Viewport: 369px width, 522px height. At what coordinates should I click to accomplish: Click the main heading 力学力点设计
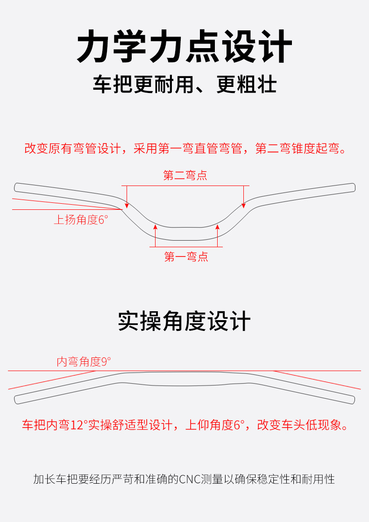(184, 46)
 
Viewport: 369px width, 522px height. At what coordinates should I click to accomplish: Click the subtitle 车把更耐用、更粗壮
(184, 84)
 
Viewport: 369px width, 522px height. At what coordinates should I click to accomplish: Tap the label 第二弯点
(185, 175)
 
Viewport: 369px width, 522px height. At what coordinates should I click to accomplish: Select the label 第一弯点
(186, 257)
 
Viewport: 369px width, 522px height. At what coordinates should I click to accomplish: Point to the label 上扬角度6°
(81, 220)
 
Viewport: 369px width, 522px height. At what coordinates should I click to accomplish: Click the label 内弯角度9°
(84, 362)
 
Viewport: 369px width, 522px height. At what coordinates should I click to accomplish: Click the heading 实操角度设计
(184, 321)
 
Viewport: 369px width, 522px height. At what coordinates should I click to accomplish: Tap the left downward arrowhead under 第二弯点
(127, 206)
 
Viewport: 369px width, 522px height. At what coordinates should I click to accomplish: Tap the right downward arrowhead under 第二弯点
(243, 206)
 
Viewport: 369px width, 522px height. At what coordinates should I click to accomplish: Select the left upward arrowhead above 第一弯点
(155, 227)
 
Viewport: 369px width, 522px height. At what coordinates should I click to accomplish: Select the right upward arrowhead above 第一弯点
(218, 227)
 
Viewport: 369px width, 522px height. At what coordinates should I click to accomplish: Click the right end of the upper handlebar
(355, 187)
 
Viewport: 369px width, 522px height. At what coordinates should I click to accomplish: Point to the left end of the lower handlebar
(15, 400)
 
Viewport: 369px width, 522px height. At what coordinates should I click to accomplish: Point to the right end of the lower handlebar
(354, 400)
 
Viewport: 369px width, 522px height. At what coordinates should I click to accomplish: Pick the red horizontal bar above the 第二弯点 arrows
(185, 186)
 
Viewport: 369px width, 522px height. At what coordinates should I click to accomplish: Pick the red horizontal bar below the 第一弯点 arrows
(186, 247)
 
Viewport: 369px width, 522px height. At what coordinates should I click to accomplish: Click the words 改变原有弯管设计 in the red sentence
(72, 149)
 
